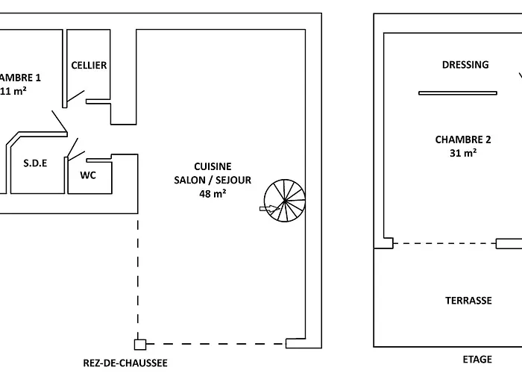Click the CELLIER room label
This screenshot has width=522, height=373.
point(89,65)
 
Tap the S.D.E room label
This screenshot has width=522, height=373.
point(35,163)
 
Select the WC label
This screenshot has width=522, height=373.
point(89,176)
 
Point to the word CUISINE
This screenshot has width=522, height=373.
point(213,166)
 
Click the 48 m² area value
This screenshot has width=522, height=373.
point(213,193)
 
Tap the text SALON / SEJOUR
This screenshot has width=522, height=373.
point(213,180)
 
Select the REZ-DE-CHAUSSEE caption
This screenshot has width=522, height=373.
point(125,363)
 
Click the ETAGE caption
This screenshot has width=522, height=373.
point(477,360)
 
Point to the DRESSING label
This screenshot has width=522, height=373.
point(465,65)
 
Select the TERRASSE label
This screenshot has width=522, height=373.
point(468,301)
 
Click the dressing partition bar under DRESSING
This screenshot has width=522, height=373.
point(457,93)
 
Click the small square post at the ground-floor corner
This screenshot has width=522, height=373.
point(139,344)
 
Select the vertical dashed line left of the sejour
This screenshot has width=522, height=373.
point(138,276)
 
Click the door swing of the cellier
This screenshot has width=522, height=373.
point(75,93)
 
